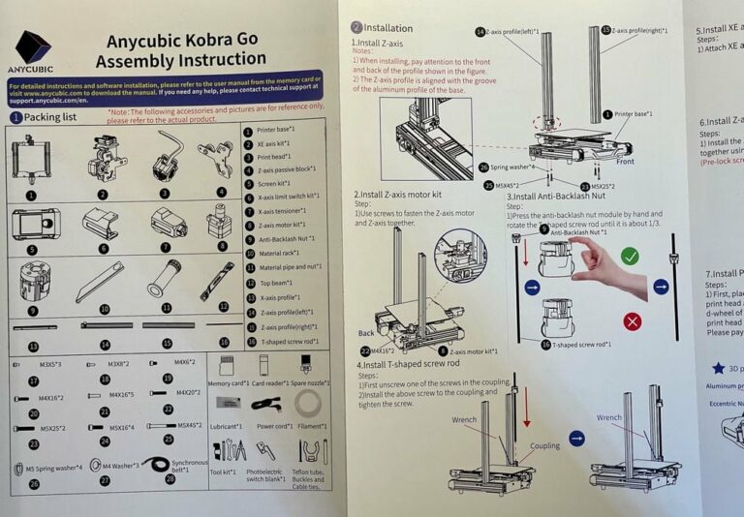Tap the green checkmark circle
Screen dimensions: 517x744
pos(630,256)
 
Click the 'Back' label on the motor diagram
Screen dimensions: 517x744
pos(366,331)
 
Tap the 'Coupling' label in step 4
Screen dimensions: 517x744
pos(543,447)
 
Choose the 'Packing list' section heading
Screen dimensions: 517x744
pos(49,117)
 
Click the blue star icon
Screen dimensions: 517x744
pos(718,368)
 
